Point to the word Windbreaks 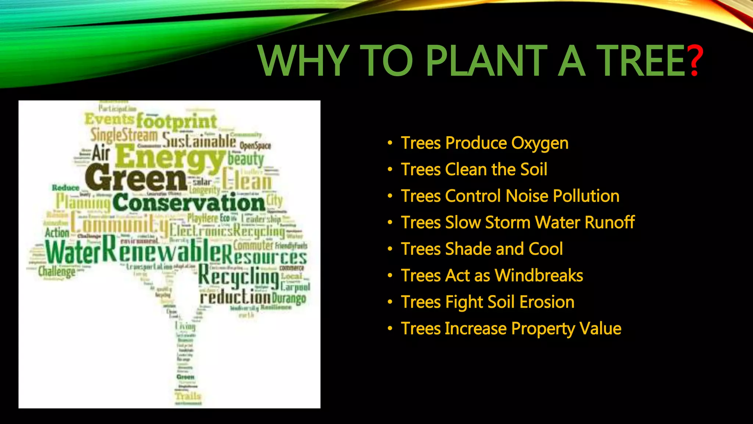coord(539,275)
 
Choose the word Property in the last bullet coord(543,329)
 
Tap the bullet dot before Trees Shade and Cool coord(390,249)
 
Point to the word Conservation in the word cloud coord(189,203)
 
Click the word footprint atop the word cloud coord(176,121)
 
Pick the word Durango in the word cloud coord(289,297)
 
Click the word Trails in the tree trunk coord(188,396)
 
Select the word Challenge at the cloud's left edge coord(57,272)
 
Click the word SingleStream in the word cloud coord(124,135)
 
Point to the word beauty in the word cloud coord(246,159)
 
